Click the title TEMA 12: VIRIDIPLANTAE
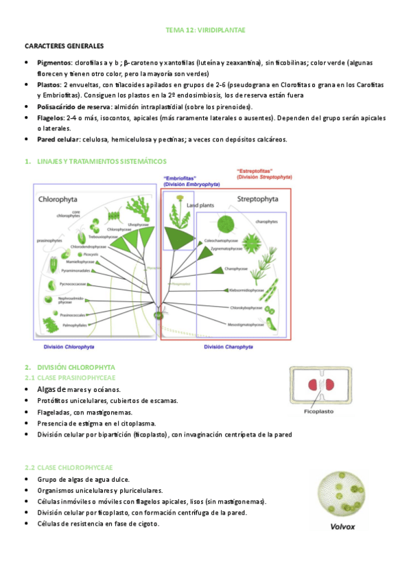tap(206, 31)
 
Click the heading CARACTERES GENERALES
tap(64, 46)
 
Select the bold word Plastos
tap(49, 84)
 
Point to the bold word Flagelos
tap(52, 117)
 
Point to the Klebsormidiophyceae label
tap(246, 290)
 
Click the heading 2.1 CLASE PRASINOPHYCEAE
tap(69, 378)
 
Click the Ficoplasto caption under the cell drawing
tap(319, 412)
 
